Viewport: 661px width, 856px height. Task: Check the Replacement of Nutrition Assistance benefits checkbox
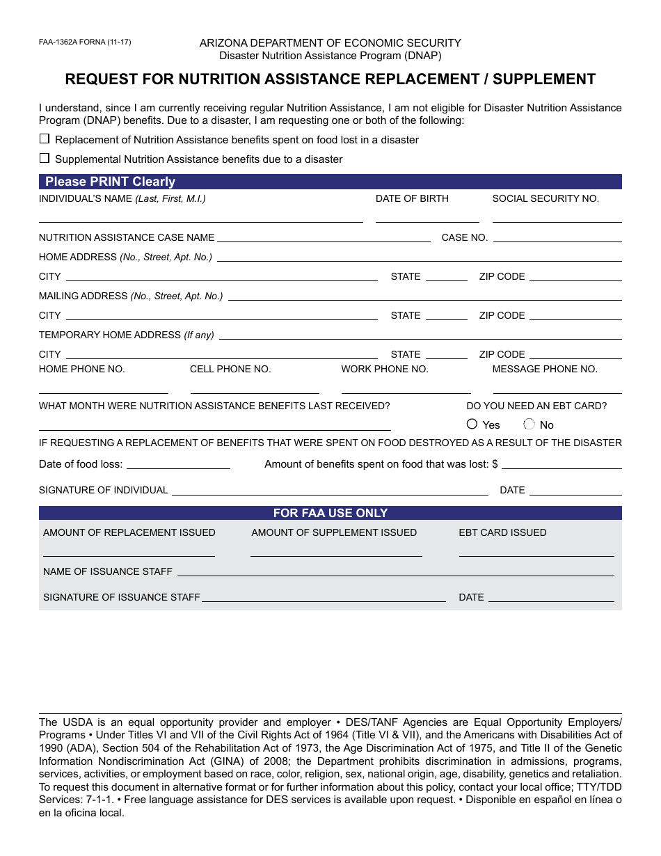tap(45, 138)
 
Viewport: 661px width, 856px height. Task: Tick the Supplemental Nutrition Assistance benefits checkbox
tap(45, 158)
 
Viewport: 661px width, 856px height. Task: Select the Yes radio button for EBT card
tap(472, 424)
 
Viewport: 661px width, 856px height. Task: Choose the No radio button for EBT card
tap(529, 424)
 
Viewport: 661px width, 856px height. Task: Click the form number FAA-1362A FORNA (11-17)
tap(84, 42)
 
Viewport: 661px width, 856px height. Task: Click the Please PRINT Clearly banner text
tap(110, 182)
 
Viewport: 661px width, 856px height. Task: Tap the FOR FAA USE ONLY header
tap(330, 513)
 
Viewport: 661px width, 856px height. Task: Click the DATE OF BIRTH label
tap(412, 198)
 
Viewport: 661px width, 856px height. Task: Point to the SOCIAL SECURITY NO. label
tap(545, 198)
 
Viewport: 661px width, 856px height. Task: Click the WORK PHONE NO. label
tap(385, 369)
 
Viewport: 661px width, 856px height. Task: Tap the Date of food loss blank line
tap(178, 468)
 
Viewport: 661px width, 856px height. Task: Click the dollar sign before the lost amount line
tap(495, 464)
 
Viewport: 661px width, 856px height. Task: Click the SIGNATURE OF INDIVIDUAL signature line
tap(330, 493)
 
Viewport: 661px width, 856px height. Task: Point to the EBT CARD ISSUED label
tap(502, 532)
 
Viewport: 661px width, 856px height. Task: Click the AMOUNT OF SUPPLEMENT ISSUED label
tap(334, 532)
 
